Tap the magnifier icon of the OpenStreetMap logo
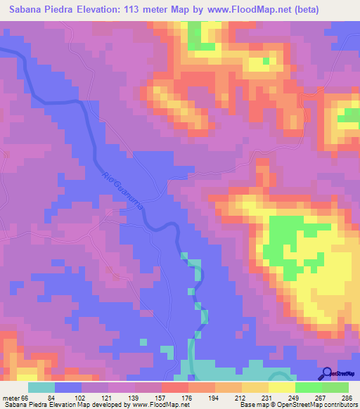coord(327,372)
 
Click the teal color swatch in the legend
coord(41,388)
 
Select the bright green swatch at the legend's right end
coord(335,388)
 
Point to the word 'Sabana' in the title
coord(25,10)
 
